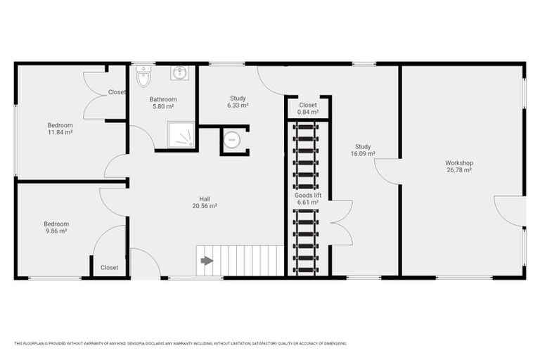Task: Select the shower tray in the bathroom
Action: tap(181, 135)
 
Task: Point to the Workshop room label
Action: tap(458, 162)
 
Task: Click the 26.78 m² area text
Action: tap(458, 169)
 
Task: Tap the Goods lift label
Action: tap(307, 195)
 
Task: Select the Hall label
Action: tap(204, 199)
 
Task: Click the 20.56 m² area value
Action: tap(204, 206)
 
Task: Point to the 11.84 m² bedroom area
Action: tap(60, 132)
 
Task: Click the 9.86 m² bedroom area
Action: tap(56, 231)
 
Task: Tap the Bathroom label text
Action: tap(163, 99)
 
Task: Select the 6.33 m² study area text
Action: tap(238, 105)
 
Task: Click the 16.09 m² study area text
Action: tap(363, 153)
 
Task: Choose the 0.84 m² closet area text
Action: tap(308, 112)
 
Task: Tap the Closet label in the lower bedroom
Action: tap(109, 267)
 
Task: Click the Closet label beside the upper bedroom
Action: tap(117, 92)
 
